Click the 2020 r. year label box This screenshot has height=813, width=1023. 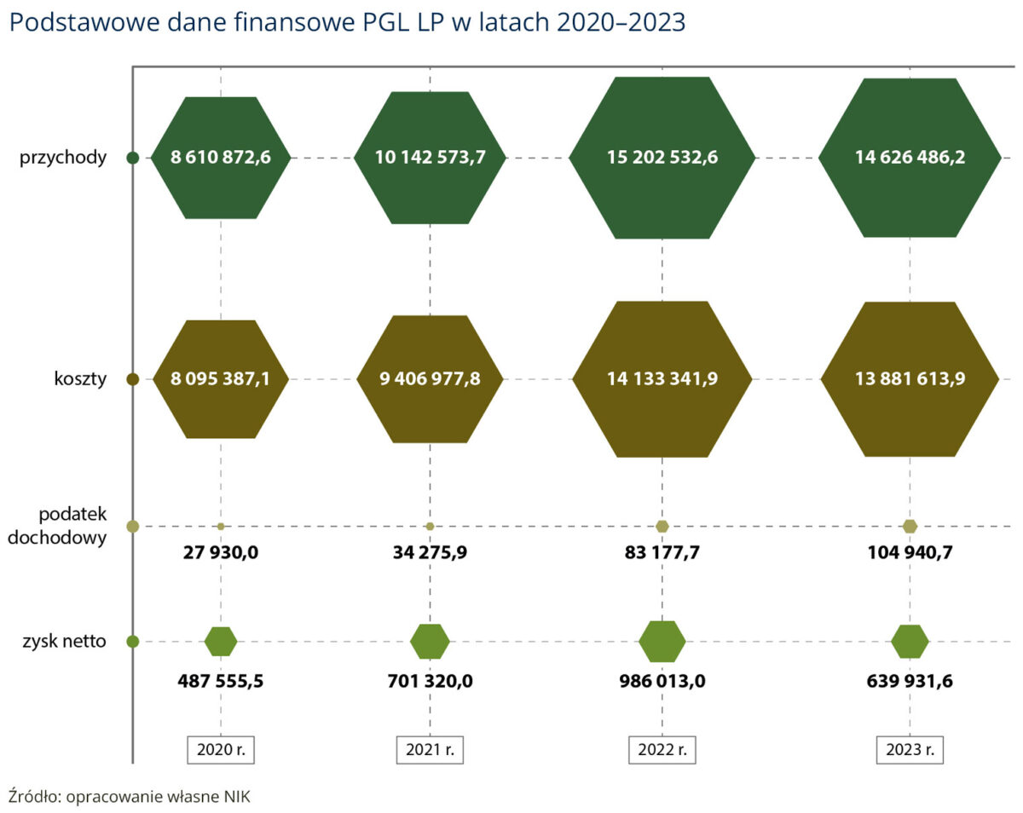click(221, 750)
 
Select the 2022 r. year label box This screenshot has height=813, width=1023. click(662, 750)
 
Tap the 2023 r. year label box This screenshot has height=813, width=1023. click(910, 750)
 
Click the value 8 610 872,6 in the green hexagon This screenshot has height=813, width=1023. click(221, 158)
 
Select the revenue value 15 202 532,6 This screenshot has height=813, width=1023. click(662, 158)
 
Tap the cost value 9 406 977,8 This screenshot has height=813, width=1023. click(430, 379)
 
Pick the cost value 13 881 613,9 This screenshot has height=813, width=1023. click(910, 379)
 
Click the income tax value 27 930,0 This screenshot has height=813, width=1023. click(221, 552)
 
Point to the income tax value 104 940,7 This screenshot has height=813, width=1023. click(910, 552)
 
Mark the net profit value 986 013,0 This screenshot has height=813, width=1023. click(662, 681)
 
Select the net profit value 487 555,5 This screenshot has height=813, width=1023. click(221, 681)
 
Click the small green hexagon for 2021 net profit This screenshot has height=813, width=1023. click(430, 642)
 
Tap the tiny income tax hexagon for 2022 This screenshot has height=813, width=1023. click(662, 526)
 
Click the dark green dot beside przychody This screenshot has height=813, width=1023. click(132, 158)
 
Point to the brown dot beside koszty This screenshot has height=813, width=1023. click(132, 379)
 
